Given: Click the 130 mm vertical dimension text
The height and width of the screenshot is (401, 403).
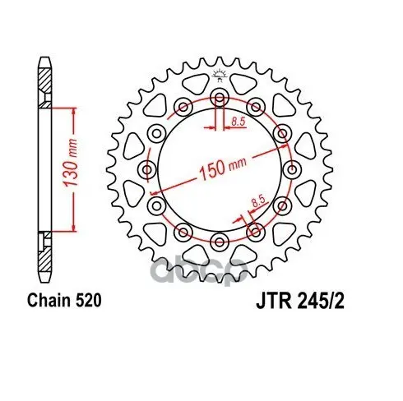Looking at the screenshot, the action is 70,163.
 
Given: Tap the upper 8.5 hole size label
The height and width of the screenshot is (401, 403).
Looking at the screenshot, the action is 238,121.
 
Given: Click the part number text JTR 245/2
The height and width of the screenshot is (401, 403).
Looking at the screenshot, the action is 300,302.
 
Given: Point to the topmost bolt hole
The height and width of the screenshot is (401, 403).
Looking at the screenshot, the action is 219,98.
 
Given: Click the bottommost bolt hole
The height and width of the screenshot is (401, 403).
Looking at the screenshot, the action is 219,242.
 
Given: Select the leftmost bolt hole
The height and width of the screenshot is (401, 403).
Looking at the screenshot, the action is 147,169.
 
